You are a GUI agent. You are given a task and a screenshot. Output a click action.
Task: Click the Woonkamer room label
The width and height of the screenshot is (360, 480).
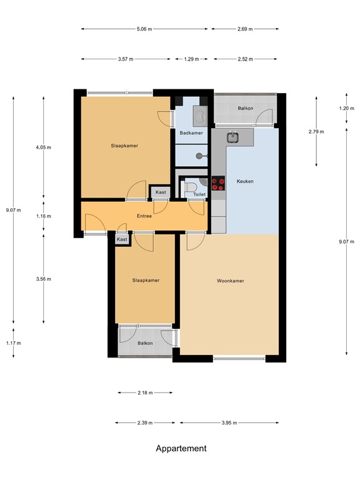pyautogui.click(x=231, y=281)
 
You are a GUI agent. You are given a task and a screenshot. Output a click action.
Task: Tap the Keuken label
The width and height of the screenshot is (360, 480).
pyautogui.click(x=245, y=181)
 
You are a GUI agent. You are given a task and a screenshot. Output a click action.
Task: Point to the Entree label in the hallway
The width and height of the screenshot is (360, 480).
pyautogui.click(x=144, y=216)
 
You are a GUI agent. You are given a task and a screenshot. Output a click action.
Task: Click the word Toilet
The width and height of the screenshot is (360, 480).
pyautogui.click(x=199, y=194)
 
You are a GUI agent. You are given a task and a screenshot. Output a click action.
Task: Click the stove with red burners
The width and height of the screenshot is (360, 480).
pyautogui.click(x=219, y=183)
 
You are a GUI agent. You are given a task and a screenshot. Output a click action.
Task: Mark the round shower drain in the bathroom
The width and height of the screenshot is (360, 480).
pyautogui.click(x=199, y=156)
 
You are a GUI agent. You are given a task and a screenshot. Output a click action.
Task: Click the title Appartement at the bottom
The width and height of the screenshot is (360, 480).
pyautogui.click(x=181, y=448)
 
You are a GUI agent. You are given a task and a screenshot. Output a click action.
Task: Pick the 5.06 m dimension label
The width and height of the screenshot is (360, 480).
pyautogui.click(x=144, y=29)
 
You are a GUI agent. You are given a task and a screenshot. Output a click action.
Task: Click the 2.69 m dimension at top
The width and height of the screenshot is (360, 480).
pyautogui.click(x=245, y=29)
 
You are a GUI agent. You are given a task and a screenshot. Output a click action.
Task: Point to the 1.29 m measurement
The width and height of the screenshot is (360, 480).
pyautogui.click(x=191, y=59)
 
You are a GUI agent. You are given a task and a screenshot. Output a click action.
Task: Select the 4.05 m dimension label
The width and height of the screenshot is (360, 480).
pyautogui.click(x=43, y=147)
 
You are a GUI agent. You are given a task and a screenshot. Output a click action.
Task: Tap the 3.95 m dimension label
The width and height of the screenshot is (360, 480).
pyautogui.click(x=230, y=423)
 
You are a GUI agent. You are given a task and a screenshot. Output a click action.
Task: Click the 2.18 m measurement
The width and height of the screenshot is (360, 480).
pyautogui.click(x=144, y=392)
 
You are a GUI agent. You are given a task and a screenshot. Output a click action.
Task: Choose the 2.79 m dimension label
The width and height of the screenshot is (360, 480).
pyautogui.click(x=317, y=132)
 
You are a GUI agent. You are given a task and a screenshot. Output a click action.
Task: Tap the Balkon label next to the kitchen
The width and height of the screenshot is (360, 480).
pyautogui.click(x=245, y=109)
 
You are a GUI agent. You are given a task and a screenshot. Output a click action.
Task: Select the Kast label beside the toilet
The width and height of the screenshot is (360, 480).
pyautogui.click(x=160, y=192)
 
